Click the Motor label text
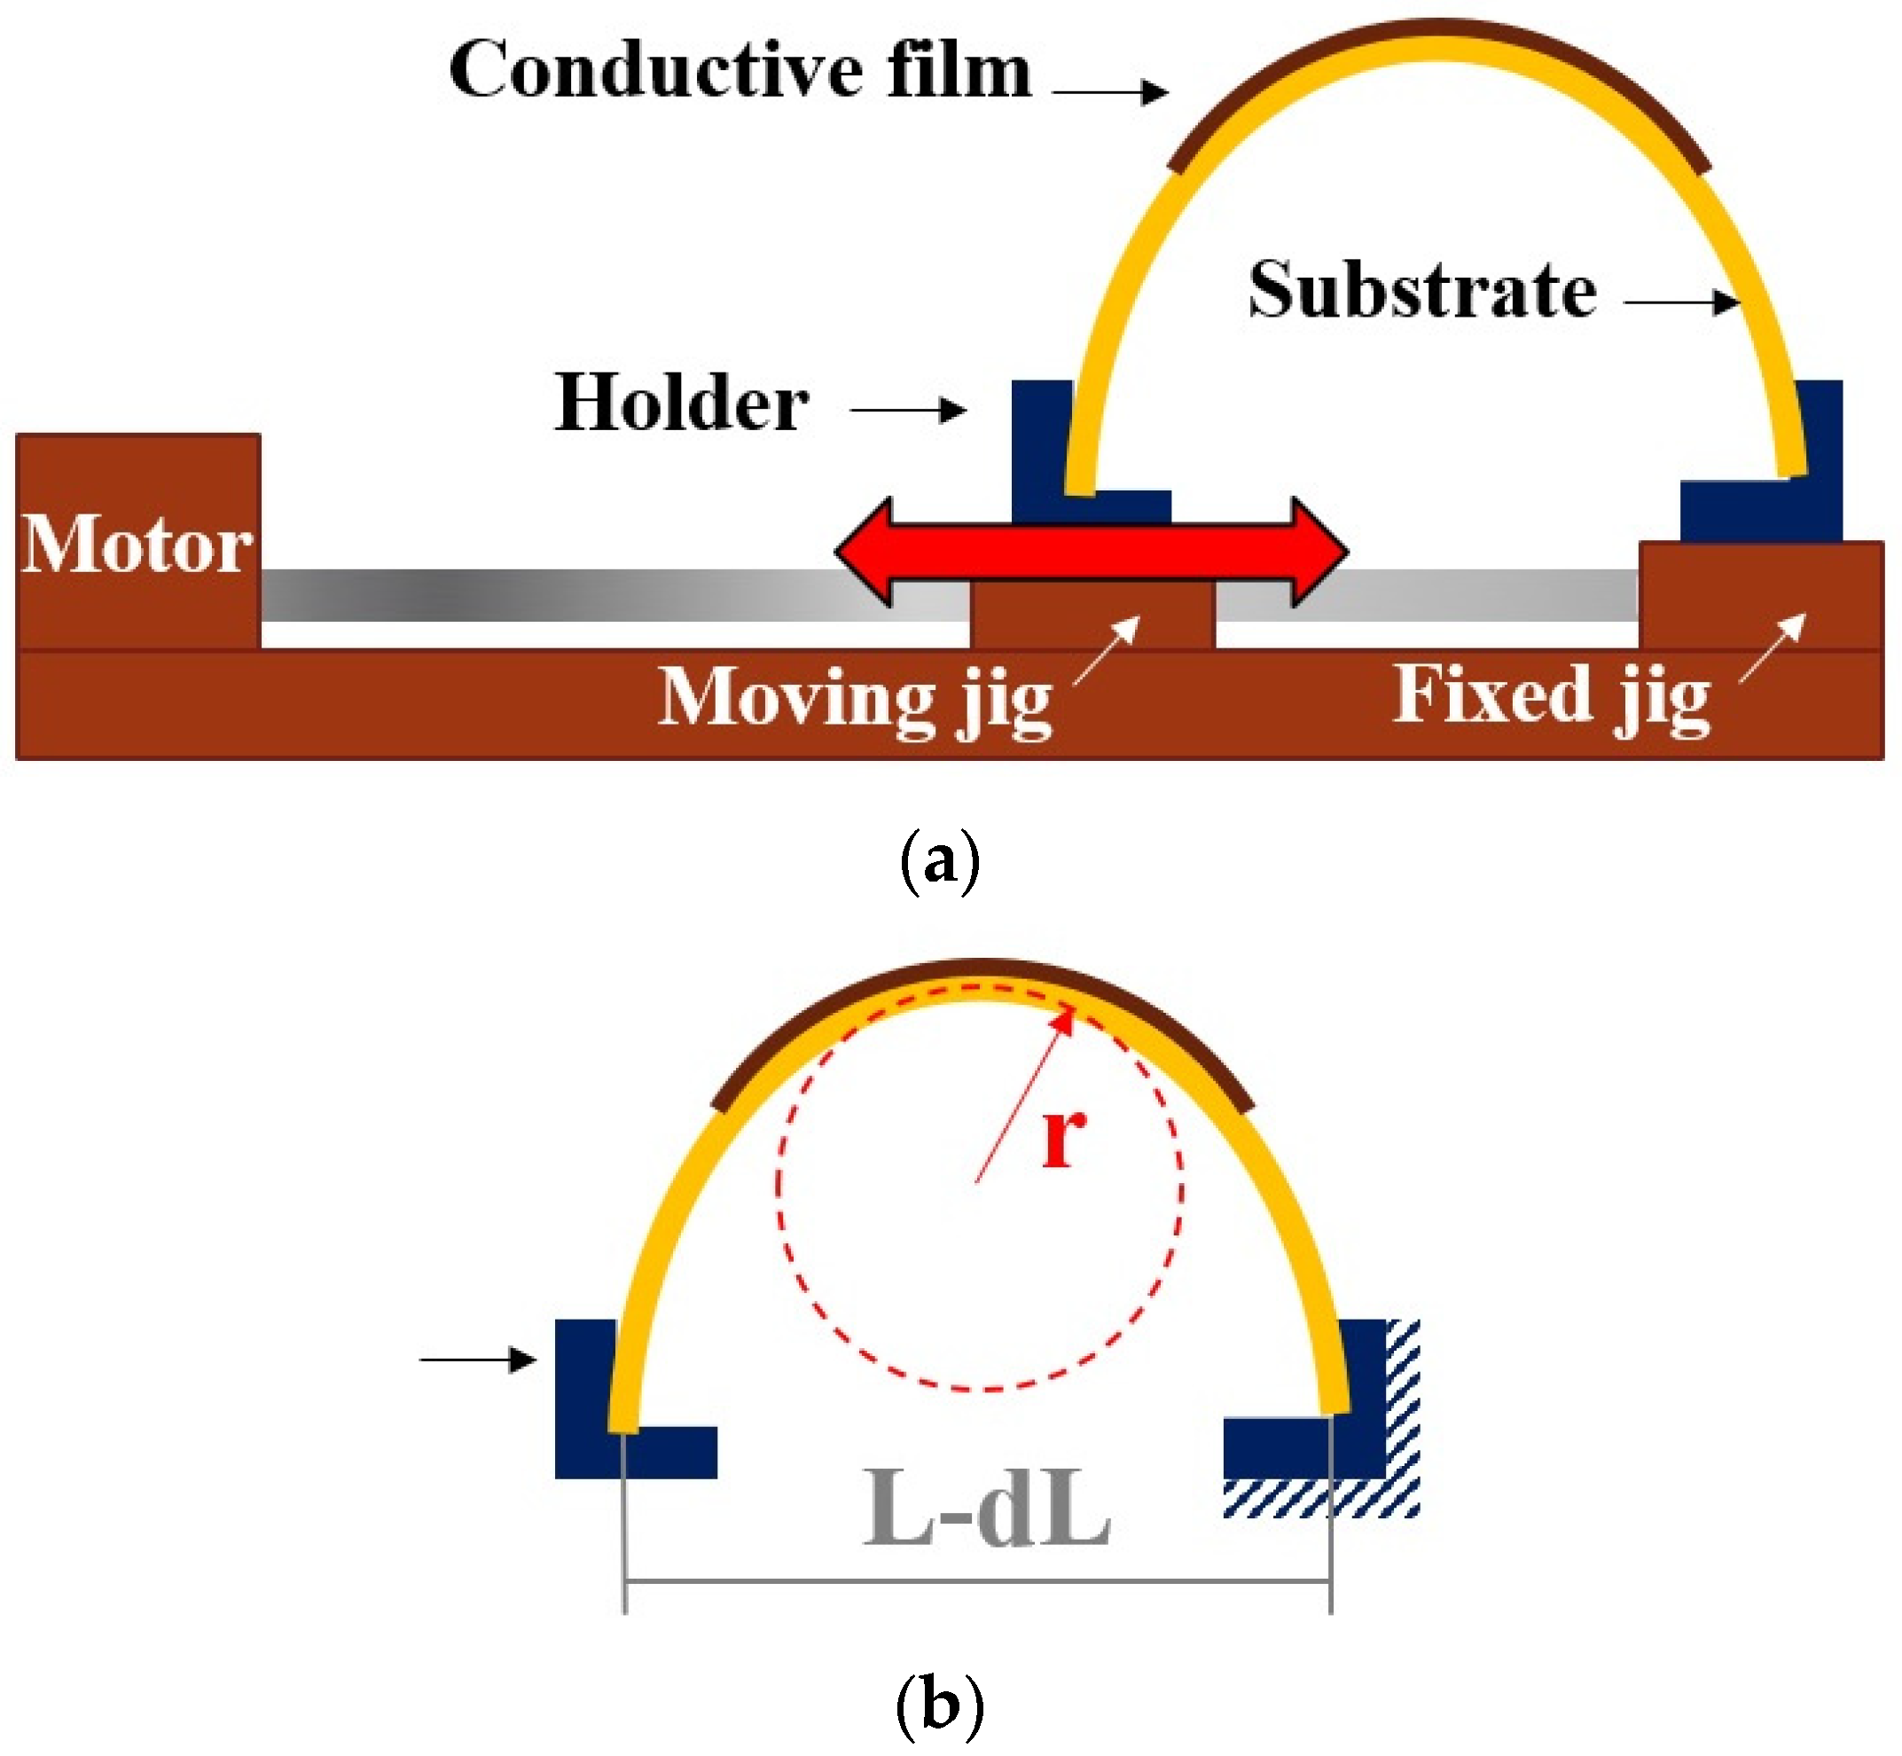click(137, 545)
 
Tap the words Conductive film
click(740, 71)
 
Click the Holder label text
click(681, 403)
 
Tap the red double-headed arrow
click(1091, 551)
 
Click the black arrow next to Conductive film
click(1109, 92)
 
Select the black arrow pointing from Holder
click(908, 411)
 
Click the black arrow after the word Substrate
click(1681, 302)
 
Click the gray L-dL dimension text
click(986, 1509)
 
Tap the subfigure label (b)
click(939, 1705)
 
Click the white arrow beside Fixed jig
click(1773, 648)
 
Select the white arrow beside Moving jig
click(1107, 650)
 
